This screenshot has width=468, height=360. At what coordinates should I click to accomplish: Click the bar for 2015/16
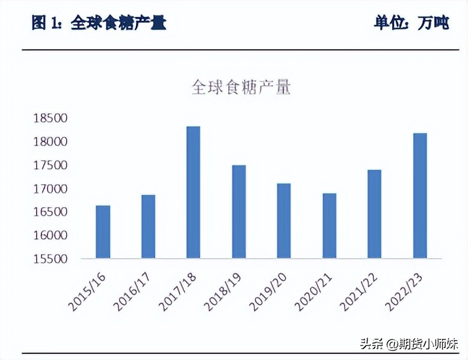(103, 232)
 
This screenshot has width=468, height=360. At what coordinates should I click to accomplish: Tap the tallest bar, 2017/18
(193, 193)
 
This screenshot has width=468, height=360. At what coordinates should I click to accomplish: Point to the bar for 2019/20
(284, 221)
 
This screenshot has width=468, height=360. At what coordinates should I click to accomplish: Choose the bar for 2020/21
(329, 226)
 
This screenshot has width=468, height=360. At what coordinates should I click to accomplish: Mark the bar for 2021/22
(374, 214)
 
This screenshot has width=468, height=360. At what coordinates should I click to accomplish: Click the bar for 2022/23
(420, 196)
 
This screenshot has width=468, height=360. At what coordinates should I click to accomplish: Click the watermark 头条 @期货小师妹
(409, 344)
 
